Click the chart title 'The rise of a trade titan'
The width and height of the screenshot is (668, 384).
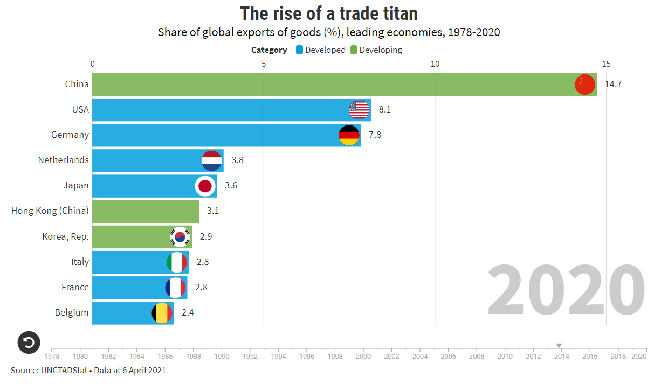(x=328, y=13)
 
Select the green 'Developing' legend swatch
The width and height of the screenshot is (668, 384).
(x=354, y=50)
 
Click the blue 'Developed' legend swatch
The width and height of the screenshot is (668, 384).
(x=300, y=50)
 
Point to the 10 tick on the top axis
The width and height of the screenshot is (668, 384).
(x=435, y=64)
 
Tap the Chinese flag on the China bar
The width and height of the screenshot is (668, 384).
(x=584, y=85)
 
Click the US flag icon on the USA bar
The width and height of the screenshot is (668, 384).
(x=359, y=110)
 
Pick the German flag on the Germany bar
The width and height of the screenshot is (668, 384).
(x=349, y=135)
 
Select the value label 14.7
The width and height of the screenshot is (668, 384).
(x=614, y=84)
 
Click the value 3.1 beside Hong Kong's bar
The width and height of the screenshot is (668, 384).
(x=213, y=211)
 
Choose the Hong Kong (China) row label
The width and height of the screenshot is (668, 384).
(x=50, y=211)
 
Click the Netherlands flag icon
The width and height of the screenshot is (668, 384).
(x=212, y=160)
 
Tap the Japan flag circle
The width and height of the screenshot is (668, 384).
(x=205, y=186)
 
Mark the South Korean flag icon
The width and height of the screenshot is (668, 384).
(x=180, y=236)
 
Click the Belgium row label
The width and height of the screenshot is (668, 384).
(x=72, y=312)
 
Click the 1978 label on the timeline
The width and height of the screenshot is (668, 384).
(x=52, y=356)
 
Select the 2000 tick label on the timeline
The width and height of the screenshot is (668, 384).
(x=363, y=356)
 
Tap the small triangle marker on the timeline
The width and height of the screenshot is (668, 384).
(x=559, y=346)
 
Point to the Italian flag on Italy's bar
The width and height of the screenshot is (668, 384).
(x=177, y=262)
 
